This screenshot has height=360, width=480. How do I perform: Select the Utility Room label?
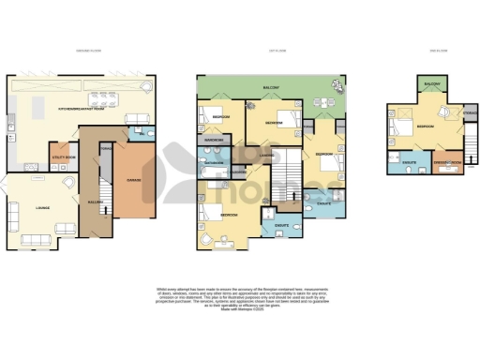(x=64, y=157)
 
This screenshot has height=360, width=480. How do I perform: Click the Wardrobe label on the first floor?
(x=213, y=141)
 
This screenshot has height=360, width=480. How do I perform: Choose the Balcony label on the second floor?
(x=432, y=84)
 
